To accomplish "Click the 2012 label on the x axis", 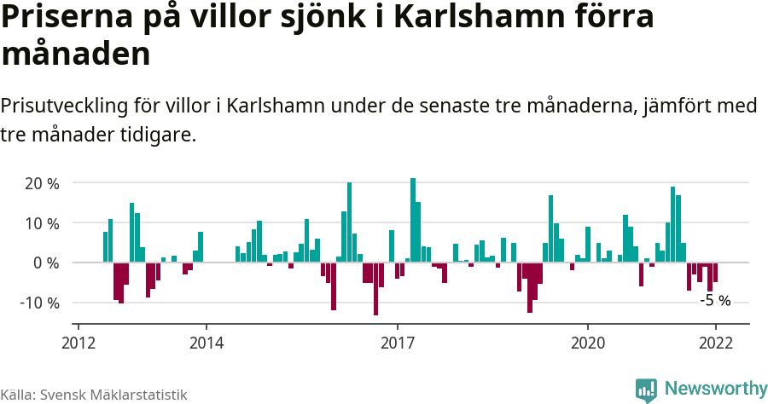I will (79, 343).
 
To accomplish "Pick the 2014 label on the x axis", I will (206, 343).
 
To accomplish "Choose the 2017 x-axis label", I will (397, 343).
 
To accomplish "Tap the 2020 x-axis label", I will (587, 343).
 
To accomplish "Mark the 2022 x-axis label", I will (715, 343).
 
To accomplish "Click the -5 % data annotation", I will (715, 300).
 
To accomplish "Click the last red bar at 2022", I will (715, 272).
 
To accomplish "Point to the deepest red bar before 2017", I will (375, 289).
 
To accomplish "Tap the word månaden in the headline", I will (76, 55).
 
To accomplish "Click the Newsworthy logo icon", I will (646, 390).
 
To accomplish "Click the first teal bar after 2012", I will (105, 247).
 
